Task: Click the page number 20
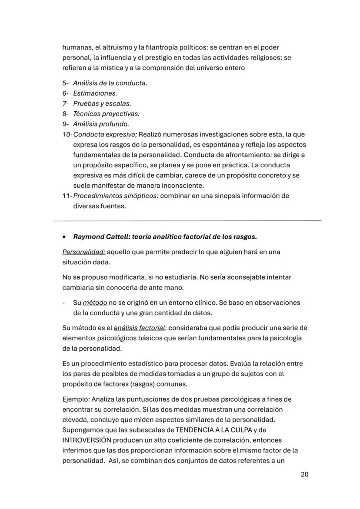pyautogui.click(x=304, y=474)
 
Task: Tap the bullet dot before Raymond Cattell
pyautogui.click(x=64, y=237)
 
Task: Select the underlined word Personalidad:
pyautogui.click(x=83, y=252)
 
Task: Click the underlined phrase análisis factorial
pyautogui.click(x=139, y=327)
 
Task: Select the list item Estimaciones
pyautogui.click(x=95, y=93)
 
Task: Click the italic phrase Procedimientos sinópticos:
pyautogui.click(x=116, y=196)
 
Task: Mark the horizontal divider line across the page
pyautogui.click(x=187, y=221)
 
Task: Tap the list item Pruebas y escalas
pyautogui.click(x=102, y=103)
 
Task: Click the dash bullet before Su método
pyautogui.click(x=64, y=303)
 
